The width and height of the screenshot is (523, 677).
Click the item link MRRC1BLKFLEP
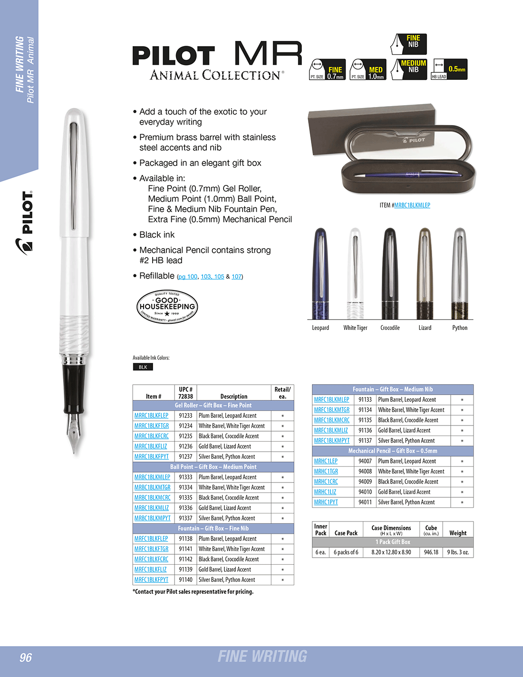pos(151,416)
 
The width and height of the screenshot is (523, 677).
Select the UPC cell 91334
pos(185,487)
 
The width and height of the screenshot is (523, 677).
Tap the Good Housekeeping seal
pos(167,307)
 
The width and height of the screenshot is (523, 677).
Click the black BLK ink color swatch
pos(143,367)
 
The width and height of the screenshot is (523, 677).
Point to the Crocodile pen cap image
pos(390,273)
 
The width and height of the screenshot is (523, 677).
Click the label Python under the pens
pos(460,328)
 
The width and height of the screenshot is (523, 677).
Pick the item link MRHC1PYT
pos(326,502)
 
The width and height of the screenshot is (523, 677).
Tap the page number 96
pos(26,658)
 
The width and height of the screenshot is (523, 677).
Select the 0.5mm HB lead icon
pos(449,69)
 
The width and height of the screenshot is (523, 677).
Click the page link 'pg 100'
pos(188,277)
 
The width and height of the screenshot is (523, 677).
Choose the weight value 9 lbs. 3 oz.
pos(458,552)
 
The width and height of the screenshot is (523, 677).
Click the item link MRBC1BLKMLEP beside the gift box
pos(412,205)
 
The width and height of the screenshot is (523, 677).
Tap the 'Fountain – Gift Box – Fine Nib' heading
pos(213,528)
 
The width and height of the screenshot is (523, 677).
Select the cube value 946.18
pos(431,552)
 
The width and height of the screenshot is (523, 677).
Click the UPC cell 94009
pos(365,482)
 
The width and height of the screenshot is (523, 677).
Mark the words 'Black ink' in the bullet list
pos(157,235)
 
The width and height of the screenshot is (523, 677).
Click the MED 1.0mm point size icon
pos(368,69)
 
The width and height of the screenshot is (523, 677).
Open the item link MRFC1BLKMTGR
pos(331,410)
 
